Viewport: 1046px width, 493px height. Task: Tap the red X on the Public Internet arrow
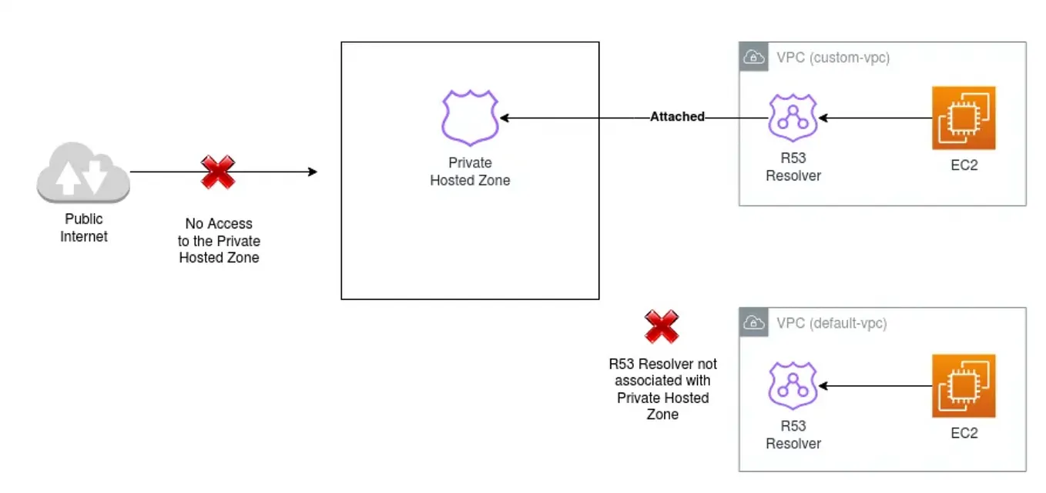pyautogui.click(x=218, y=172)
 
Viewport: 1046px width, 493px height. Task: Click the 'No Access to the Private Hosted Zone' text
pyautogui.click(x=219, y=241)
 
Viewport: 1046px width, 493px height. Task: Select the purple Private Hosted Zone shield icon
pyautogui.click(x=470, y=118)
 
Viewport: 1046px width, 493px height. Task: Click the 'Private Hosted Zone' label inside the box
pyautogui.click(x=470, y=172)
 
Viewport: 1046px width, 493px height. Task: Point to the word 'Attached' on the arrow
pyautogui.click(x=677, y=117)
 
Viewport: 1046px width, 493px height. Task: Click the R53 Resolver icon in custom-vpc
pyautogui.click(x=793, y=118)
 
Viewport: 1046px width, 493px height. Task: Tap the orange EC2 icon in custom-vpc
pyautogui.click(x=964, y=118)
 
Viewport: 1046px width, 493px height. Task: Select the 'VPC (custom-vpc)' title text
pyautogui.click(x=833, y=58)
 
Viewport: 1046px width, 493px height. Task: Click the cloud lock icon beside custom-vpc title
pyautogui.click(x=753, y=57)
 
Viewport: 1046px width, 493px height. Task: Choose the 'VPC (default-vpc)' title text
pyautogui.click(x=831, y=323)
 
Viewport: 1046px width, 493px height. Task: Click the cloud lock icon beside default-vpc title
pyautogui.click(x=753, y=323)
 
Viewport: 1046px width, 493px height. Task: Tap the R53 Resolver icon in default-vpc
pyautogui.click(x=793, y=385)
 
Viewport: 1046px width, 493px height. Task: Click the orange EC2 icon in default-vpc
pyautogui.click(x=964, y=385)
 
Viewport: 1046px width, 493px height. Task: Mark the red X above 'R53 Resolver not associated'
pyautogui.click(x=662, y=327)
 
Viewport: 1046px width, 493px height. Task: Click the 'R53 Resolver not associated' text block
pyautogui.click(x=662, y=389)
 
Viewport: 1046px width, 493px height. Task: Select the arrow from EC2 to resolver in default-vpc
pyautogui.click(x=874, y=385)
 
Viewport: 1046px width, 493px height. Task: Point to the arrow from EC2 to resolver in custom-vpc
pyautogui.click(x=874, y=118)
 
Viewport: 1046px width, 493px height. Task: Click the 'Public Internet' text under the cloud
pyautogui.click(x=83, y=228)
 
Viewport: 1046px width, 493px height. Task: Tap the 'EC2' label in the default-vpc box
pyautogui.click(x=964, y=433)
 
